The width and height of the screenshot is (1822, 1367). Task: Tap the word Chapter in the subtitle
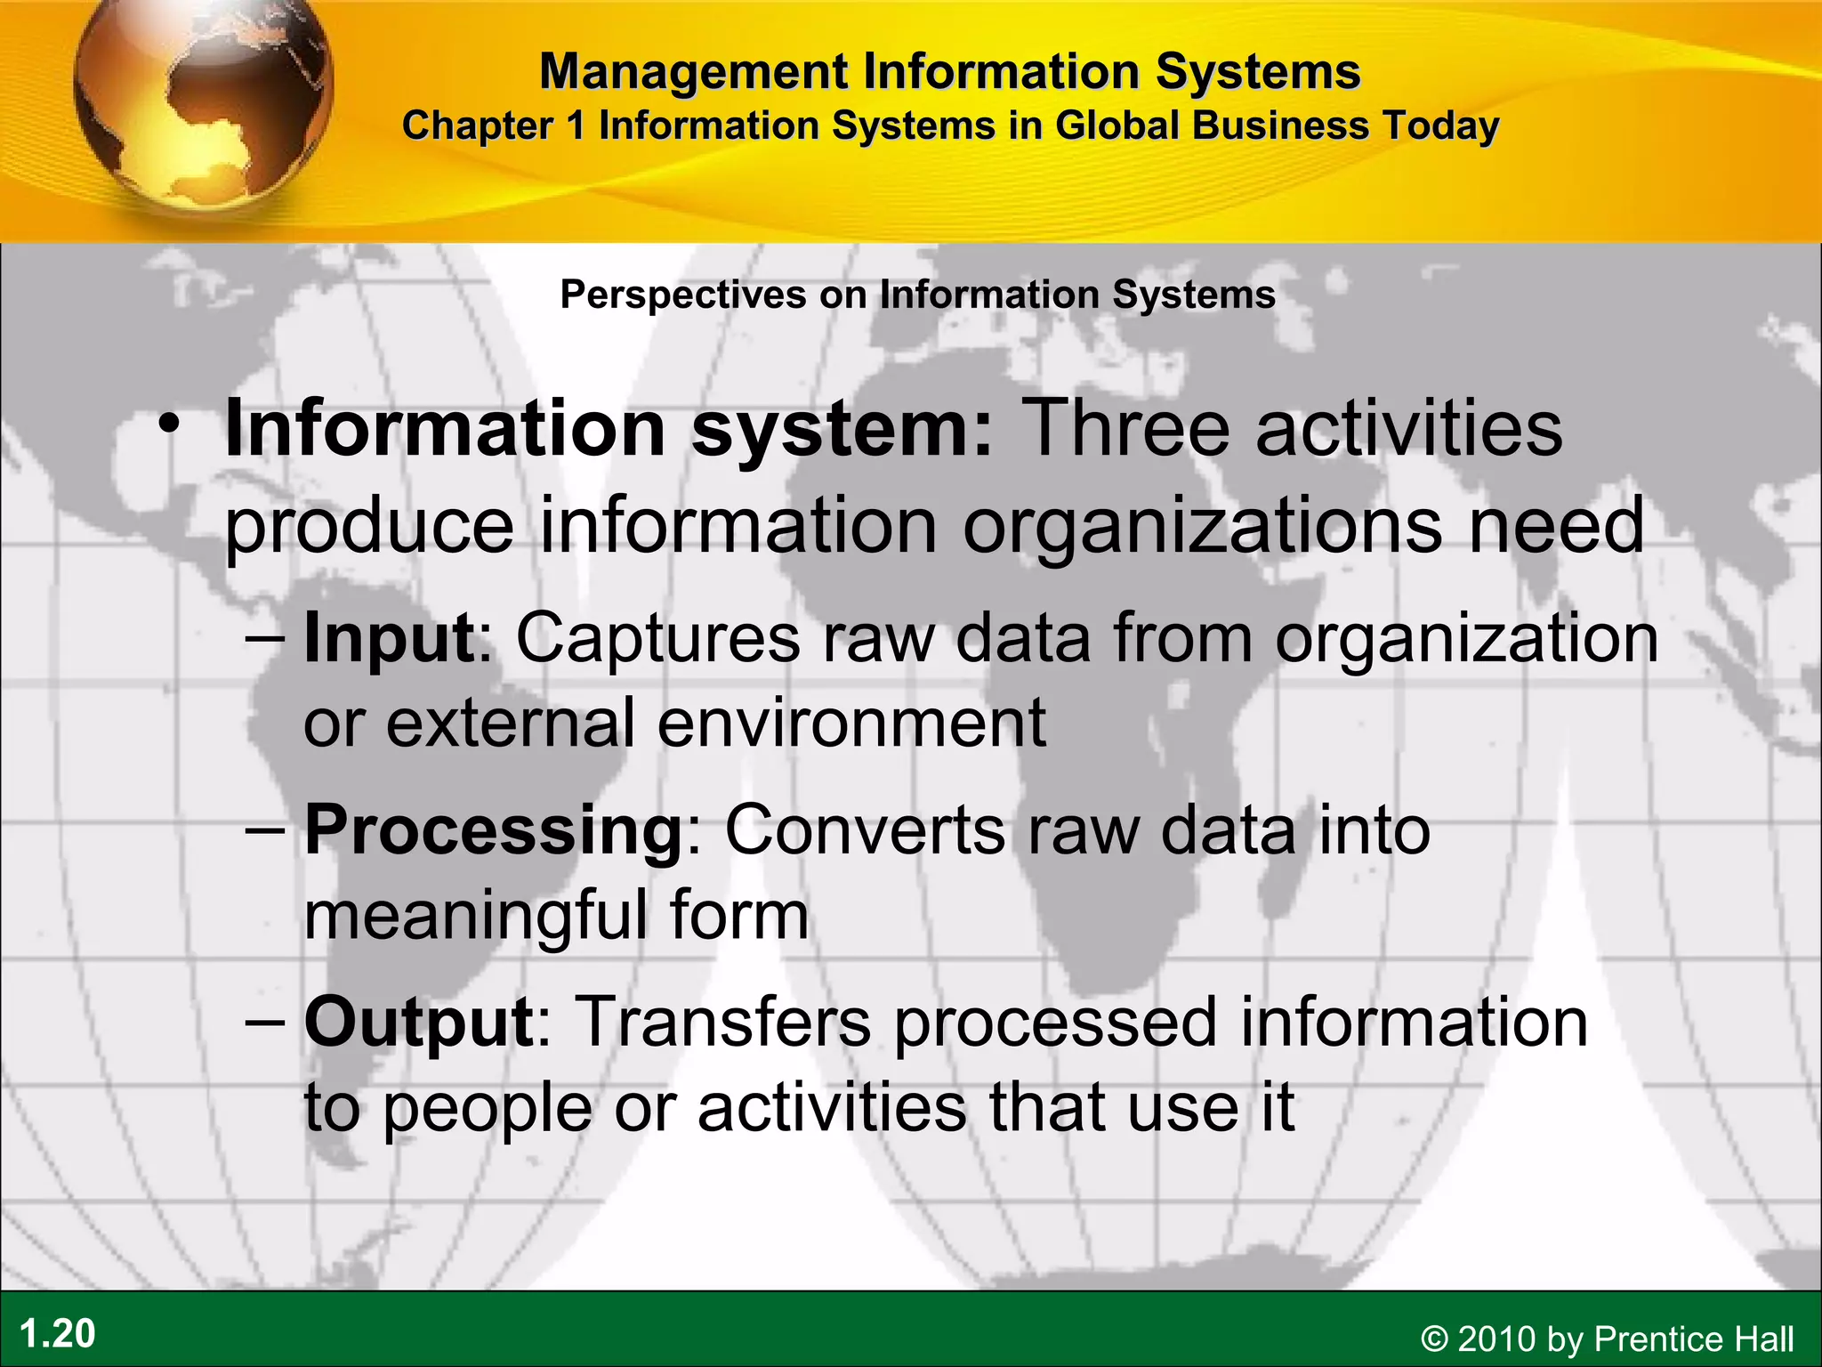[x=478, y=126]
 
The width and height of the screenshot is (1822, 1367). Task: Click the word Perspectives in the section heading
[x=682, y=295]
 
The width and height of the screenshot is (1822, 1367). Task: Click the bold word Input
[x=389, y=638]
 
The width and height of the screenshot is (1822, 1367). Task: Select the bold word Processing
[x=493, y=831]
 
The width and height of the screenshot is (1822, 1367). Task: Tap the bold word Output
[x=418, y=1023]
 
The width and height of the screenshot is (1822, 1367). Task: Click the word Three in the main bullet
[x=1125, y=429]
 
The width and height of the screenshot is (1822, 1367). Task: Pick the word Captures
[x=658, y=638]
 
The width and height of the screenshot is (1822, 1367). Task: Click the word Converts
[x=866, y=831]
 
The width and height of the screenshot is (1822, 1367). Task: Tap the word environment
[x=851, y=724]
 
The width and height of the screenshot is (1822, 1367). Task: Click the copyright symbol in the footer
[x=1434, y=1339]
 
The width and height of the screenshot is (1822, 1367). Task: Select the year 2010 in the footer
[x=1497, y=1339]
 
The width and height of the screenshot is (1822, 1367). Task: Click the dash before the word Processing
[x=265, y=831]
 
